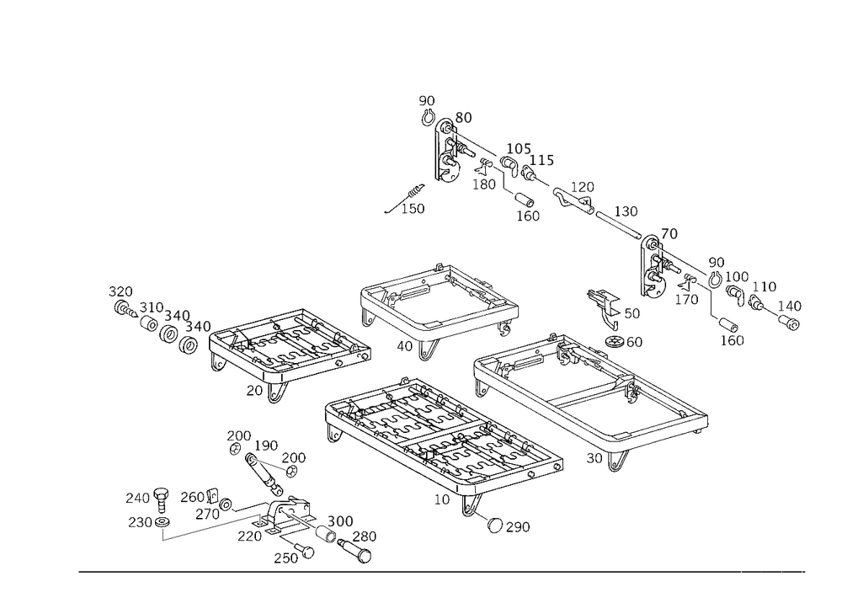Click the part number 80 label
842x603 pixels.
pyautogui.click(x=463, y=117)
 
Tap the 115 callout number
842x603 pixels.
pyautogui.click(x=541, y=160)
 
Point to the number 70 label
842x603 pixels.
pyautogui.click(x=669, y=233)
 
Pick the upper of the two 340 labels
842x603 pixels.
pyautogui.click(x=177, y=315)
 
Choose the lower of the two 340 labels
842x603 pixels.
pyautogui.click(x=198, y=326)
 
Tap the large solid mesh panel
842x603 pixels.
pyautogui.click(x=442, y=434)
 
